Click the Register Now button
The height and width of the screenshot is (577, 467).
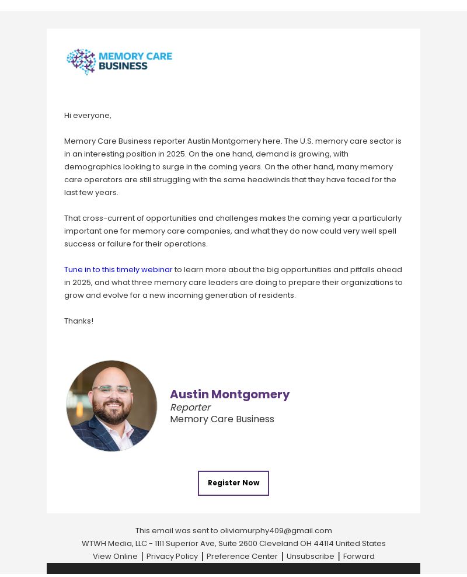click(233, 483)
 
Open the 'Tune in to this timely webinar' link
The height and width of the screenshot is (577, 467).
click(118, 270)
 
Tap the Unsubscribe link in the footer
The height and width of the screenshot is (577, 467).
click(310, 557)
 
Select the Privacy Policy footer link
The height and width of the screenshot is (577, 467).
click(172, 557)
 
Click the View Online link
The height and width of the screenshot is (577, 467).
click(115, 557)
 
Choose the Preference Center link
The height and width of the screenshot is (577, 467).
click(242, 557)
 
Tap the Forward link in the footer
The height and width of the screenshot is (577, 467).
click(358, 557)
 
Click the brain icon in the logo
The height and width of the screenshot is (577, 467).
click(81, 61)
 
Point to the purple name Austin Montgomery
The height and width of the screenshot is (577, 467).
click(229, 395)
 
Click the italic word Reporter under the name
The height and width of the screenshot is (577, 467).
click(190, 408)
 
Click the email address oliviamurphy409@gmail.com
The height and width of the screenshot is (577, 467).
click(276, 531)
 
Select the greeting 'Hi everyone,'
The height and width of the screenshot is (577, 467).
click(88, 116)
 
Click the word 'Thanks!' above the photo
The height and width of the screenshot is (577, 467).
click(79, 321)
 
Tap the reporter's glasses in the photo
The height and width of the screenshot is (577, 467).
click(111, 391)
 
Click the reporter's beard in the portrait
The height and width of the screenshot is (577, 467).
click(111, 415)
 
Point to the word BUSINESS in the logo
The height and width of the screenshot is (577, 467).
click(123, 67)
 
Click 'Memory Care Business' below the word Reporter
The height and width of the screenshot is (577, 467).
click(222, 419)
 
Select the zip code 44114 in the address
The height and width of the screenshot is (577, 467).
click(323, 544)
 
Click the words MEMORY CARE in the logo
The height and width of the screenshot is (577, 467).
click(135, 57)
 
